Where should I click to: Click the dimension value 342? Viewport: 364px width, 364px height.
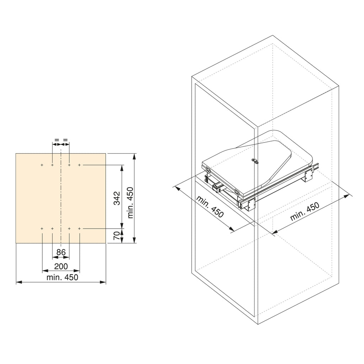[118, 198]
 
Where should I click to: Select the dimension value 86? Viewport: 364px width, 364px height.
[61, 252]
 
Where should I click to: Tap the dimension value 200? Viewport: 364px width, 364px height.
[61, 266]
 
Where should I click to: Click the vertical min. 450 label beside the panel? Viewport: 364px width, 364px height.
[130, 203]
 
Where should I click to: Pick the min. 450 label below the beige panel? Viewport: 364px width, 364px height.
[62, 277]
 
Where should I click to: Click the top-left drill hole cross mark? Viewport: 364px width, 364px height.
[42, 165]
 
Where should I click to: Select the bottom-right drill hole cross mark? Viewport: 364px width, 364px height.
[79, 229]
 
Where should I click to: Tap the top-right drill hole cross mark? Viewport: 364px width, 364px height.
[79, 165]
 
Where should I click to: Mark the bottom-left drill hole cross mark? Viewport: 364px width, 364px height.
[42, 229]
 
